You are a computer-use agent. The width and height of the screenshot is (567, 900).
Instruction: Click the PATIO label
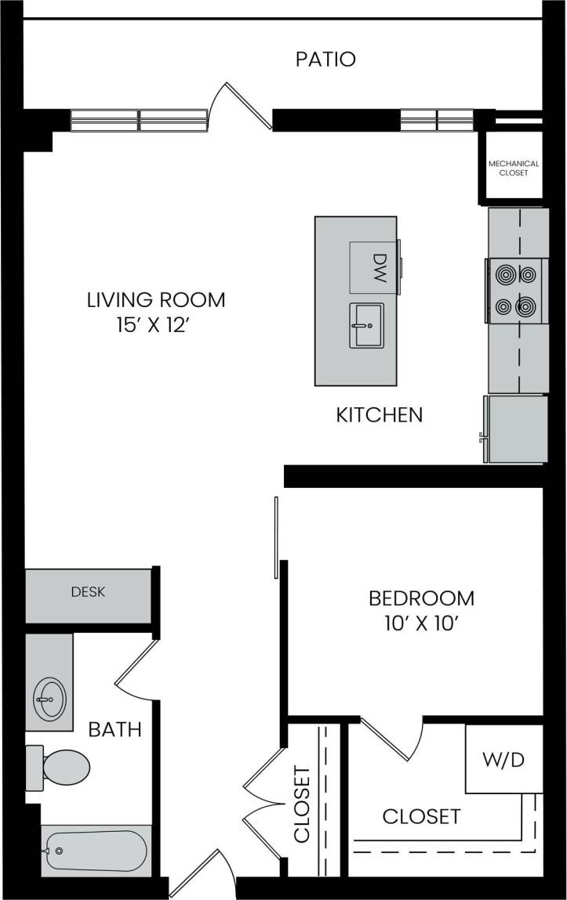click(325, 60)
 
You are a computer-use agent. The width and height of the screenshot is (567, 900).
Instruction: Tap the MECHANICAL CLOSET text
click(514, 168)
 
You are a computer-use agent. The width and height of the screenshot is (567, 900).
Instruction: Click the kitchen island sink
click(366, 324)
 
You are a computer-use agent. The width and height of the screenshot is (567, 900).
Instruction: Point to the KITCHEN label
click(380, 415)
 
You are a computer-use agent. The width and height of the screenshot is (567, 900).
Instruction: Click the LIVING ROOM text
click(156, 299)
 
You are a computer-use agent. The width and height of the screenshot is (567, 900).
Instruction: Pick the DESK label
click(88, 592)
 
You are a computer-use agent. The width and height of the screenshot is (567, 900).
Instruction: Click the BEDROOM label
click(421, 598)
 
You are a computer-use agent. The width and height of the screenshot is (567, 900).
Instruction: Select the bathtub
click(96, 851)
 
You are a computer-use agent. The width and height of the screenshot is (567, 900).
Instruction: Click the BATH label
click(114, 730)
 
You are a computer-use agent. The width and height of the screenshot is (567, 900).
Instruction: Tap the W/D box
click(503, 761)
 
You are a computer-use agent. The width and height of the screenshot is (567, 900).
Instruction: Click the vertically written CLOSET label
click(303, 804)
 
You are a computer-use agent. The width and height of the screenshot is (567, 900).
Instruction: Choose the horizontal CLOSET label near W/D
click(421, 816)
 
